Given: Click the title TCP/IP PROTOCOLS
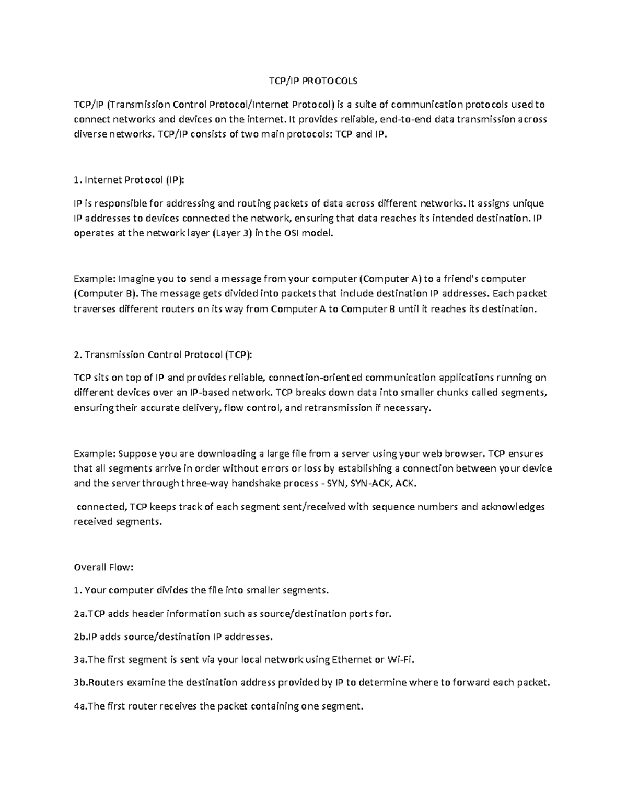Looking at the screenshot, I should point(313,81).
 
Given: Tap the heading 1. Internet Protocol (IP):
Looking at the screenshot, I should point(129,180).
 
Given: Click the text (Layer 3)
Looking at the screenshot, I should point(233,234).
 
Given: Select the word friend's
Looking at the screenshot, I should point(458,279).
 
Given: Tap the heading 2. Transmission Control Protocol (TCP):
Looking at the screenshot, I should point(162,355).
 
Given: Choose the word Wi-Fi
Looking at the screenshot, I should point(400,660).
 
